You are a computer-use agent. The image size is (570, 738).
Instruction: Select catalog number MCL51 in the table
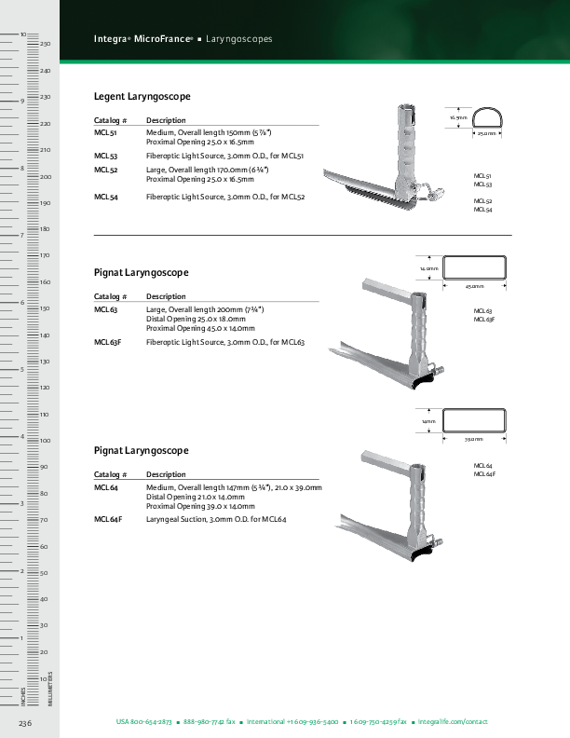(x=105, y=134)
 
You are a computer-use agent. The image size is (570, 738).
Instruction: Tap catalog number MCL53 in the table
(x=105, y=157)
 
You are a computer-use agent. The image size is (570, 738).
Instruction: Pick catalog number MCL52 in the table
(x=105, y=171)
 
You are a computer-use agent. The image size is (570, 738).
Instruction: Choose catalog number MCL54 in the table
(x=105, y=197)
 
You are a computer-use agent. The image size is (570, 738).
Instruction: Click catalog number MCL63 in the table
(x=105, y=309)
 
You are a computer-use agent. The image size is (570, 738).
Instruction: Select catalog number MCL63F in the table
(x=107, y=342)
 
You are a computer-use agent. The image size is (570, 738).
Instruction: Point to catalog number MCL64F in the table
(x=108, y=518)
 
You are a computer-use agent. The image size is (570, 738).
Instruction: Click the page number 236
(x=26, y=723)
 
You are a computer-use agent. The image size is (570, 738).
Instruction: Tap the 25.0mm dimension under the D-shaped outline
(x=487, y=134)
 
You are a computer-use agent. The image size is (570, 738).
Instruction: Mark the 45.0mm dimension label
(x=475, y=287)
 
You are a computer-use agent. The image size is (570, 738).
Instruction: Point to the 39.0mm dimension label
(x=475, y=438)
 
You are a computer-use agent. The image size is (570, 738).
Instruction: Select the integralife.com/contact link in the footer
(x=453, y=722)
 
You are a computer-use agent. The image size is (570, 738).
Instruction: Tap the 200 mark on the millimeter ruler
(x=45, y=177)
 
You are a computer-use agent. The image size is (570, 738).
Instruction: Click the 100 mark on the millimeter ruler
(x=45, y=441)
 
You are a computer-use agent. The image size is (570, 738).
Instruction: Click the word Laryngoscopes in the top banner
(x=239, y=39)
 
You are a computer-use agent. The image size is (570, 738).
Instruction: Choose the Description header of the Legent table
(x=166, y=120)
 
